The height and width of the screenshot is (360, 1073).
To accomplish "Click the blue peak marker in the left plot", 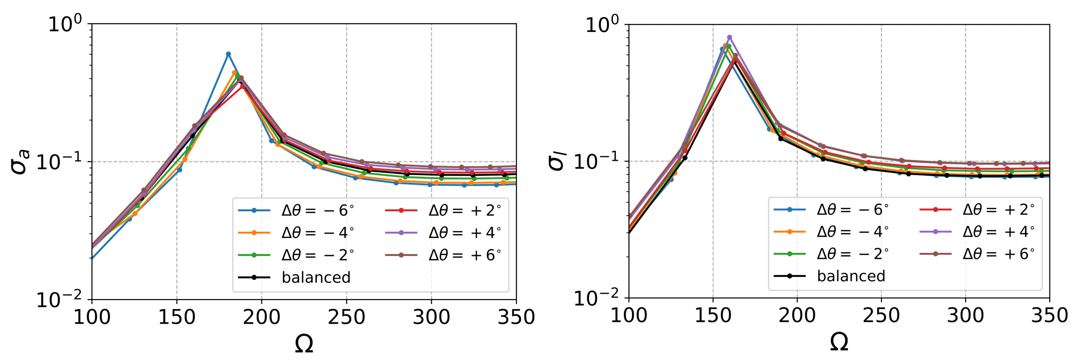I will (x=228, y=54).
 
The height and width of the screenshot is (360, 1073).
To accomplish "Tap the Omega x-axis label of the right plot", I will (x=839, y=343).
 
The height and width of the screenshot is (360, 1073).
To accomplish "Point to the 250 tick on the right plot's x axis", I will (x=881, y=316).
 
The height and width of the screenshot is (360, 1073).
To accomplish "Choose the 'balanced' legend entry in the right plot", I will (x=851, y=276).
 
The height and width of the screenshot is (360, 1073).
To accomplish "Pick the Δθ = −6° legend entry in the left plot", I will (x=317, y=210).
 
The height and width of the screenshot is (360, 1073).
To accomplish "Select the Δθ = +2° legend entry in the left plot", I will (x=464, y=210).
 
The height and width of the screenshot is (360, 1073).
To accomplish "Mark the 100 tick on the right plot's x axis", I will (x=629, y=316).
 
